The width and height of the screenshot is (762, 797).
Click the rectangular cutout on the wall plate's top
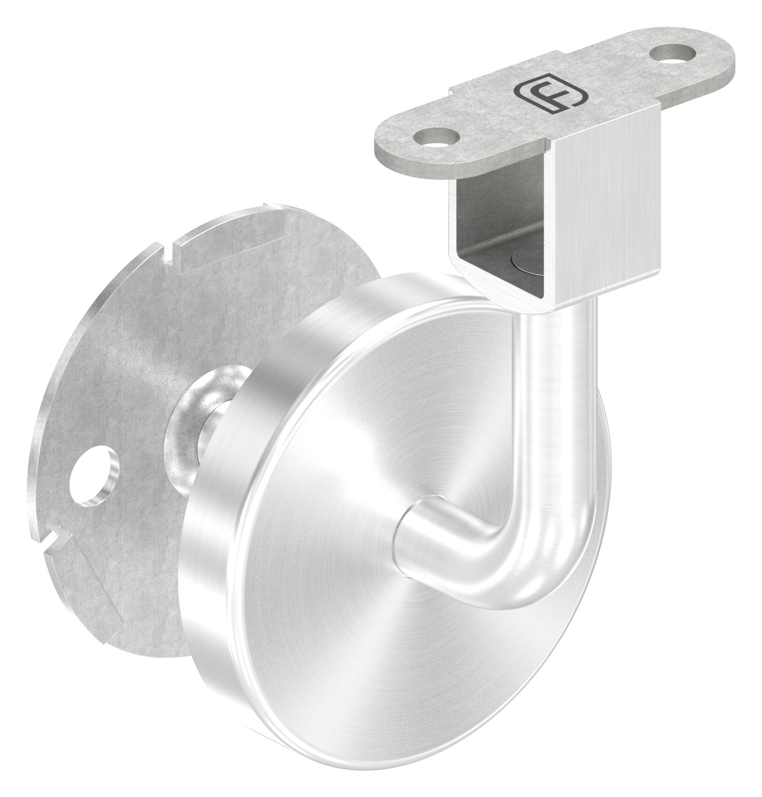tap(229, 240)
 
